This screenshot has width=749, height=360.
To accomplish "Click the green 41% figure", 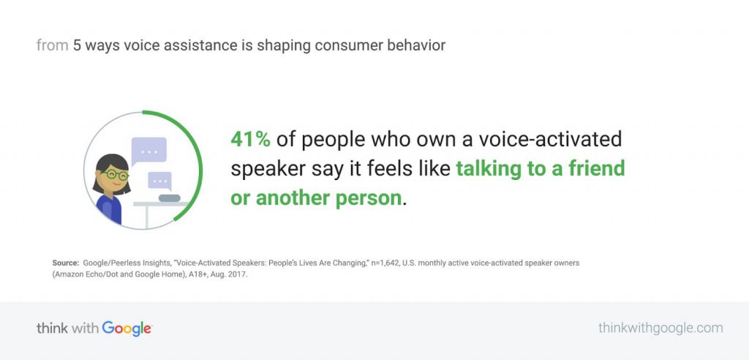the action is click(x=250, y=139).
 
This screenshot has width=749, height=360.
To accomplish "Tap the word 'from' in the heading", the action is click(x=53, y=45).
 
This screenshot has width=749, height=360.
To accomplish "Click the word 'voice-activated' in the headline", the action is click(x=550, y=139).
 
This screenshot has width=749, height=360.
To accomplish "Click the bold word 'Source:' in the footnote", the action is click(x=65, y=263).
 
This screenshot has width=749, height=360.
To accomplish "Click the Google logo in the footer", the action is click(x=127, y=329).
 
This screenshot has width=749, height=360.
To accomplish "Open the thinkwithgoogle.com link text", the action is click(x=660, y=328).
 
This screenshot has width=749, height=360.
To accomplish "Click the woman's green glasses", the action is click(x=115, y=175).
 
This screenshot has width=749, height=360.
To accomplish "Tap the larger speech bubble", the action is click(x=148, y=151).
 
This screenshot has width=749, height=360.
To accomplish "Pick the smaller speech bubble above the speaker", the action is click(x=160, y=181).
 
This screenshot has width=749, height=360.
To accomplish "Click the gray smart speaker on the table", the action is click(x=170, y=198).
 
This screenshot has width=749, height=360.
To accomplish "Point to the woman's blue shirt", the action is click(x=110, y=209).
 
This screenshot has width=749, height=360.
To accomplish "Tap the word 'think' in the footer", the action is click(x=52, y=329).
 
